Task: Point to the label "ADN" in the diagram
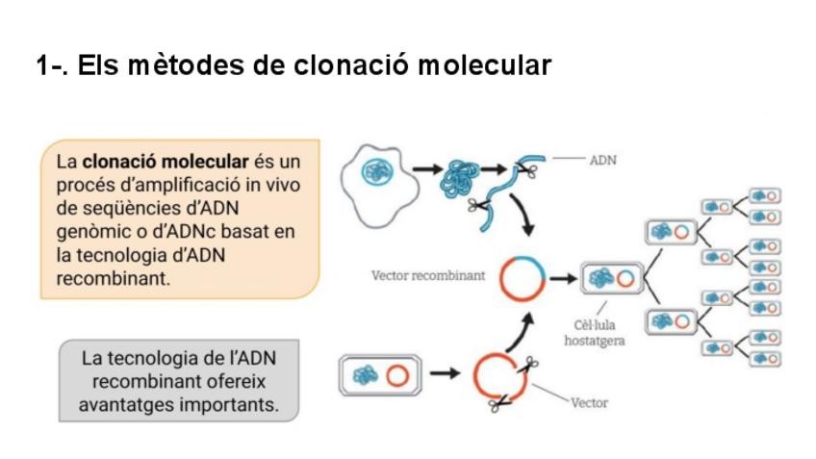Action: click(x=602, y=161)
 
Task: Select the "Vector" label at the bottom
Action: click(x=589, y=402)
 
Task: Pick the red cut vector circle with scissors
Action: click(x=499, y=376)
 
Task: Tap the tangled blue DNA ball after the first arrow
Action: click(x=458, y=180)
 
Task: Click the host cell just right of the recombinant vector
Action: click(x=611, y=278)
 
